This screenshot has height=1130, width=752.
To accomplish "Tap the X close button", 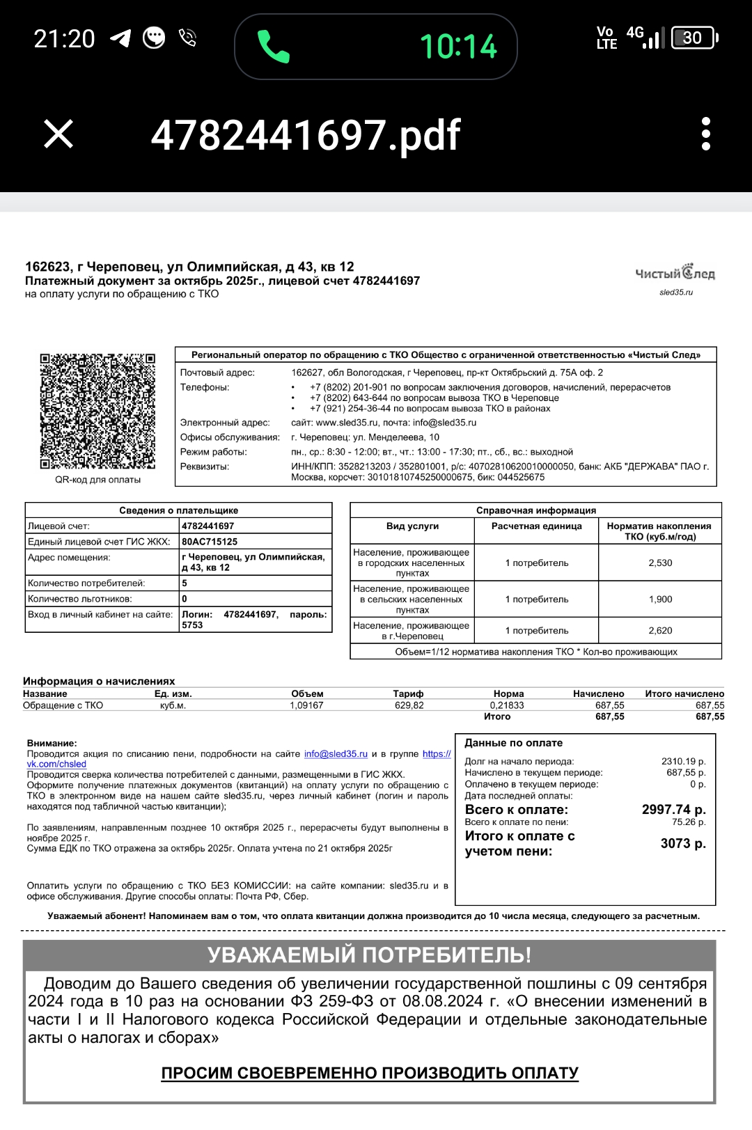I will [58, 134].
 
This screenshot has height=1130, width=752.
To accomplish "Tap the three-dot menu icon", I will [705, 134].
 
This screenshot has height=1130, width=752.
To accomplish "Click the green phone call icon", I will [273, 47].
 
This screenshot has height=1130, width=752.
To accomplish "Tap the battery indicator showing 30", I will [694, 38].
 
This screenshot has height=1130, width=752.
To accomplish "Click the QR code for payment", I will [97, 411].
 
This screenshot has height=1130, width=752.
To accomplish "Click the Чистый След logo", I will [675, 274].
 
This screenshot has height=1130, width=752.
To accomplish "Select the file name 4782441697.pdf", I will [306, 135].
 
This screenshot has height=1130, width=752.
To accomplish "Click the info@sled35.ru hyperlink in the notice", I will [336, 754].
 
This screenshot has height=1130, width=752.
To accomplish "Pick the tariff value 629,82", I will [409, 705].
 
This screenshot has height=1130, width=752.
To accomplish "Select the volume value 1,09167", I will [306, 705].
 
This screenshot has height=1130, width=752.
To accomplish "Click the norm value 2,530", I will [660, 563].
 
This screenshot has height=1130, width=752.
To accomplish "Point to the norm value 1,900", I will [660, 599].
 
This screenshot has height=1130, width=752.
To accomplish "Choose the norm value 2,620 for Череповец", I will [660, 630].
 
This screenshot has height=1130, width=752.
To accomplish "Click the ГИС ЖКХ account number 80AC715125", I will [210, 542].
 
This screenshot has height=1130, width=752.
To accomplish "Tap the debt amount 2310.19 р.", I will [683, 761].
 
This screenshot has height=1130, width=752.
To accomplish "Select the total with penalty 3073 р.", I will [682, 843].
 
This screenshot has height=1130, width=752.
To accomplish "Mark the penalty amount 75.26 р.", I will [689, 822].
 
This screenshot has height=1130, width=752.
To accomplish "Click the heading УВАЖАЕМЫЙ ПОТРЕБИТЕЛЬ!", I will [369, 955].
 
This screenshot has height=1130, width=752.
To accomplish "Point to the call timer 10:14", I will [458, 47].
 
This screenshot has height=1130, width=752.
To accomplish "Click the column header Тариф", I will [408, 693].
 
